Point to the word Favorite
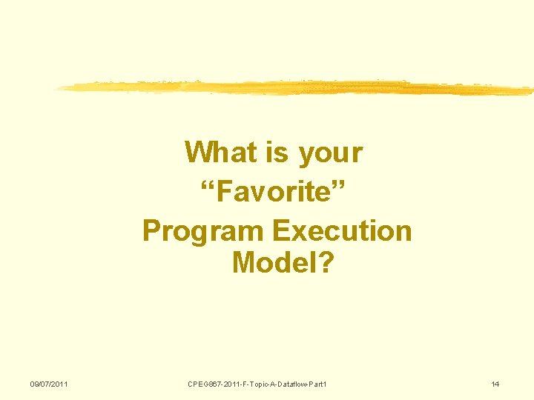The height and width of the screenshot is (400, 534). [276, 192]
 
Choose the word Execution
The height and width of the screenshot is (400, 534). [342, 230]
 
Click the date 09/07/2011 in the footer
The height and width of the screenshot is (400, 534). [49, 384]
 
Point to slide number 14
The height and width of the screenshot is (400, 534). [495, 384]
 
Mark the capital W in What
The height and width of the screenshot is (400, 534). [197, 153]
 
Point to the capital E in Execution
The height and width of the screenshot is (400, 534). [280, 230]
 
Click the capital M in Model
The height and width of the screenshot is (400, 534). [244, 261]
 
